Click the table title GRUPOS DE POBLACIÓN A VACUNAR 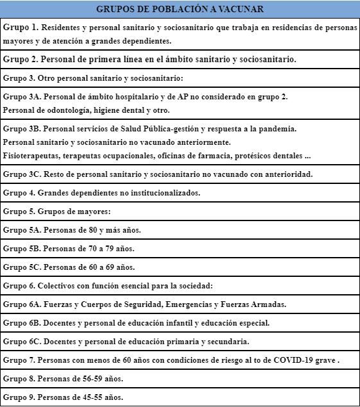180,9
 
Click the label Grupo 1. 22,28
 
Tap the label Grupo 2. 22,59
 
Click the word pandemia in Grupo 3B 278,128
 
